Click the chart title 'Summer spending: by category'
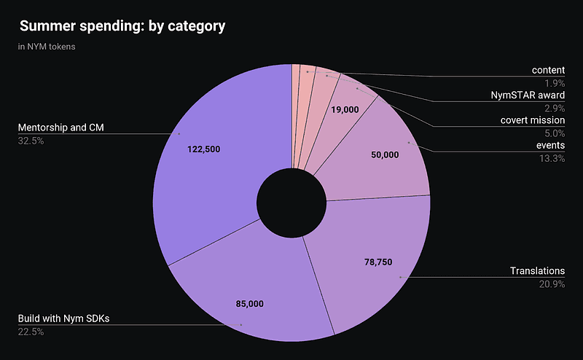[x=122, y=26]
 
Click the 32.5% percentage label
[x=31, y=141]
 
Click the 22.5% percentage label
[x=31, y=332]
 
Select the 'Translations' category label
[x=537, y=271]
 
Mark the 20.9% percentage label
[x=552, y=283]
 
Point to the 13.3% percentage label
[x=552, y=158]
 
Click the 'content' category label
[x=548, y=70]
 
